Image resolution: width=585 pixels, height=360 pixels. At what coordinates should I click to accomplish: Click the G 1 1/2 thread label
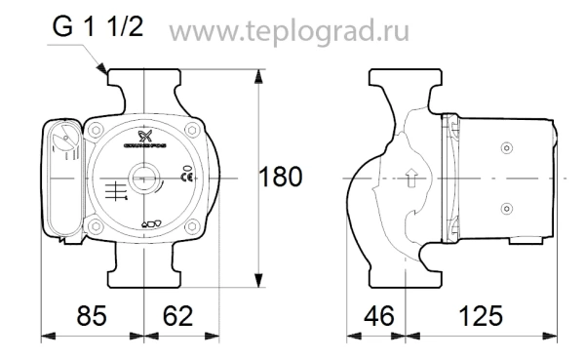(98, 29)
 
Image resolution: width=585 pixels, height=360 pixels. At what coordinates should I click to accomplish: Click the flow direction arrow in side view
(411, 179)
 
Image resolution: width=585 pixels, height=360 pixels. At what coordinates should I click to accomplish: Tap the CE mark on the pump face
(187, 177)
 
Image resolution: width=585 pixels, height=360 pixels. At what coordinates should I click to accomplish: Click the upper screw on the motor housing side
(504, 147)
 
